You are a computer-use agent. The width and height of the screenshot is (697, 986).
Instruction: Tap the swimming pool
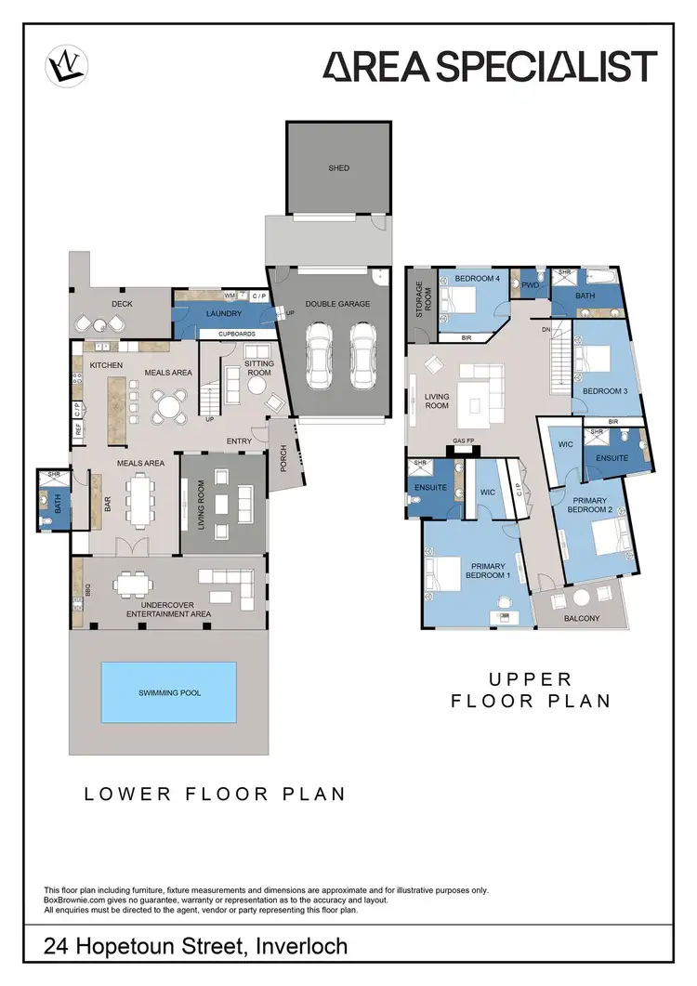click(168, 692)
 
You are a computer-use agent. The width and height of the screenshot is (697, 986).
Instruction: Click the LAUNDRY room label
click(223, 314)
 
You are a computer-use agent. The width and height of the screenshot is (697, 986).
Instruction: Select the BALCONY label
click(582, 618)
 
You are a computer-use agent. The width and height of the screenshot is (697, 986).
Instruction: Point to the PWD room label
click(531, 284)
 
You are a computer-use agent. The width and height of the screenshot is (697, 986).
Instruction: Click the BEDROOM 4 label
click(477, 278)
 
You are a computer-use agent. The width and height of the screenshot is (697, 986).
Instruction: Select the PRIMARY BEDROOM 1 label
click(490, 571)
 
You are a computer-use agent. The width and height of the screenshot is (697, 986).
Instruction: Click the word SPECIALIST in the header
click(541, 67)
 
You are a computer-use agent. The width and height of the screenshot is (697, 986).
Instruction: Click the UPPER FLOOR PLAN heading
click(531, 690)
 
